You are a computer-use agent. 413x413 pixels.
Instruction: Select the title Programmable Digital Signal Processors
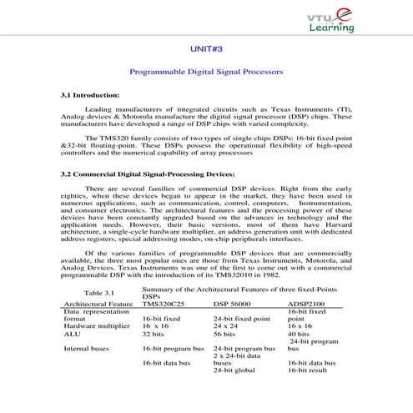coord(206,72)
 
